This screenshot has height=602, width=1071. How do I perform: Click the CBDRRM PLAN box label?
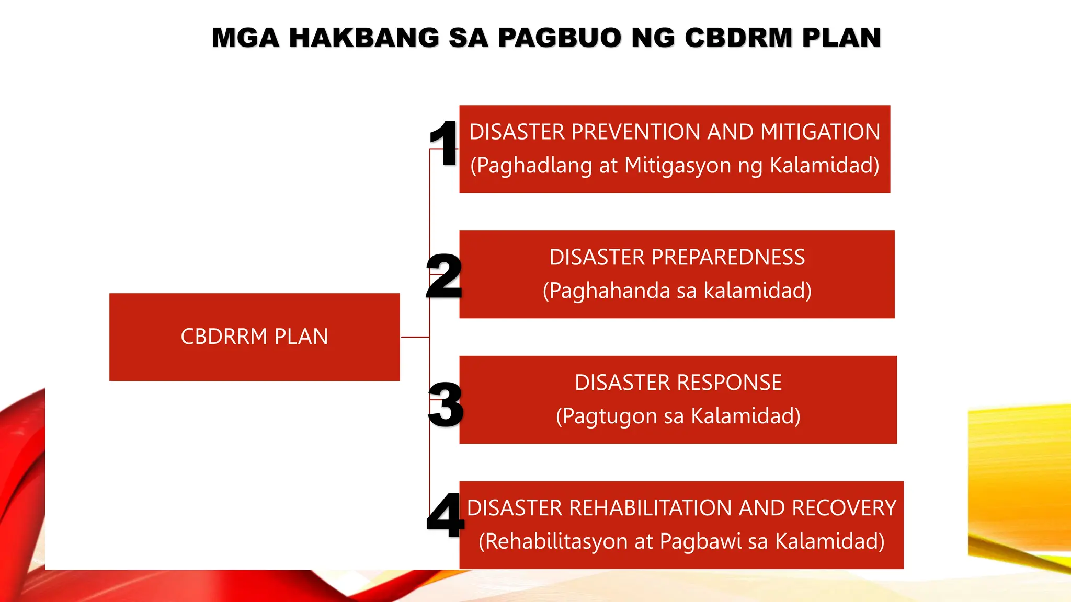(254, 337)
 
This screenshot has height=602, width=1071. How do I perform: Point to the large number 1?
(443, 143)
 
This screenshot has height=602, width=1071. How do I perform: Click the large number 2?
(444, 276)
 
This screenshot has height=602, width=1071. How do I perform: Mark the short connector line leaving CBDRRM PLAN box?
(415, 337)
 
